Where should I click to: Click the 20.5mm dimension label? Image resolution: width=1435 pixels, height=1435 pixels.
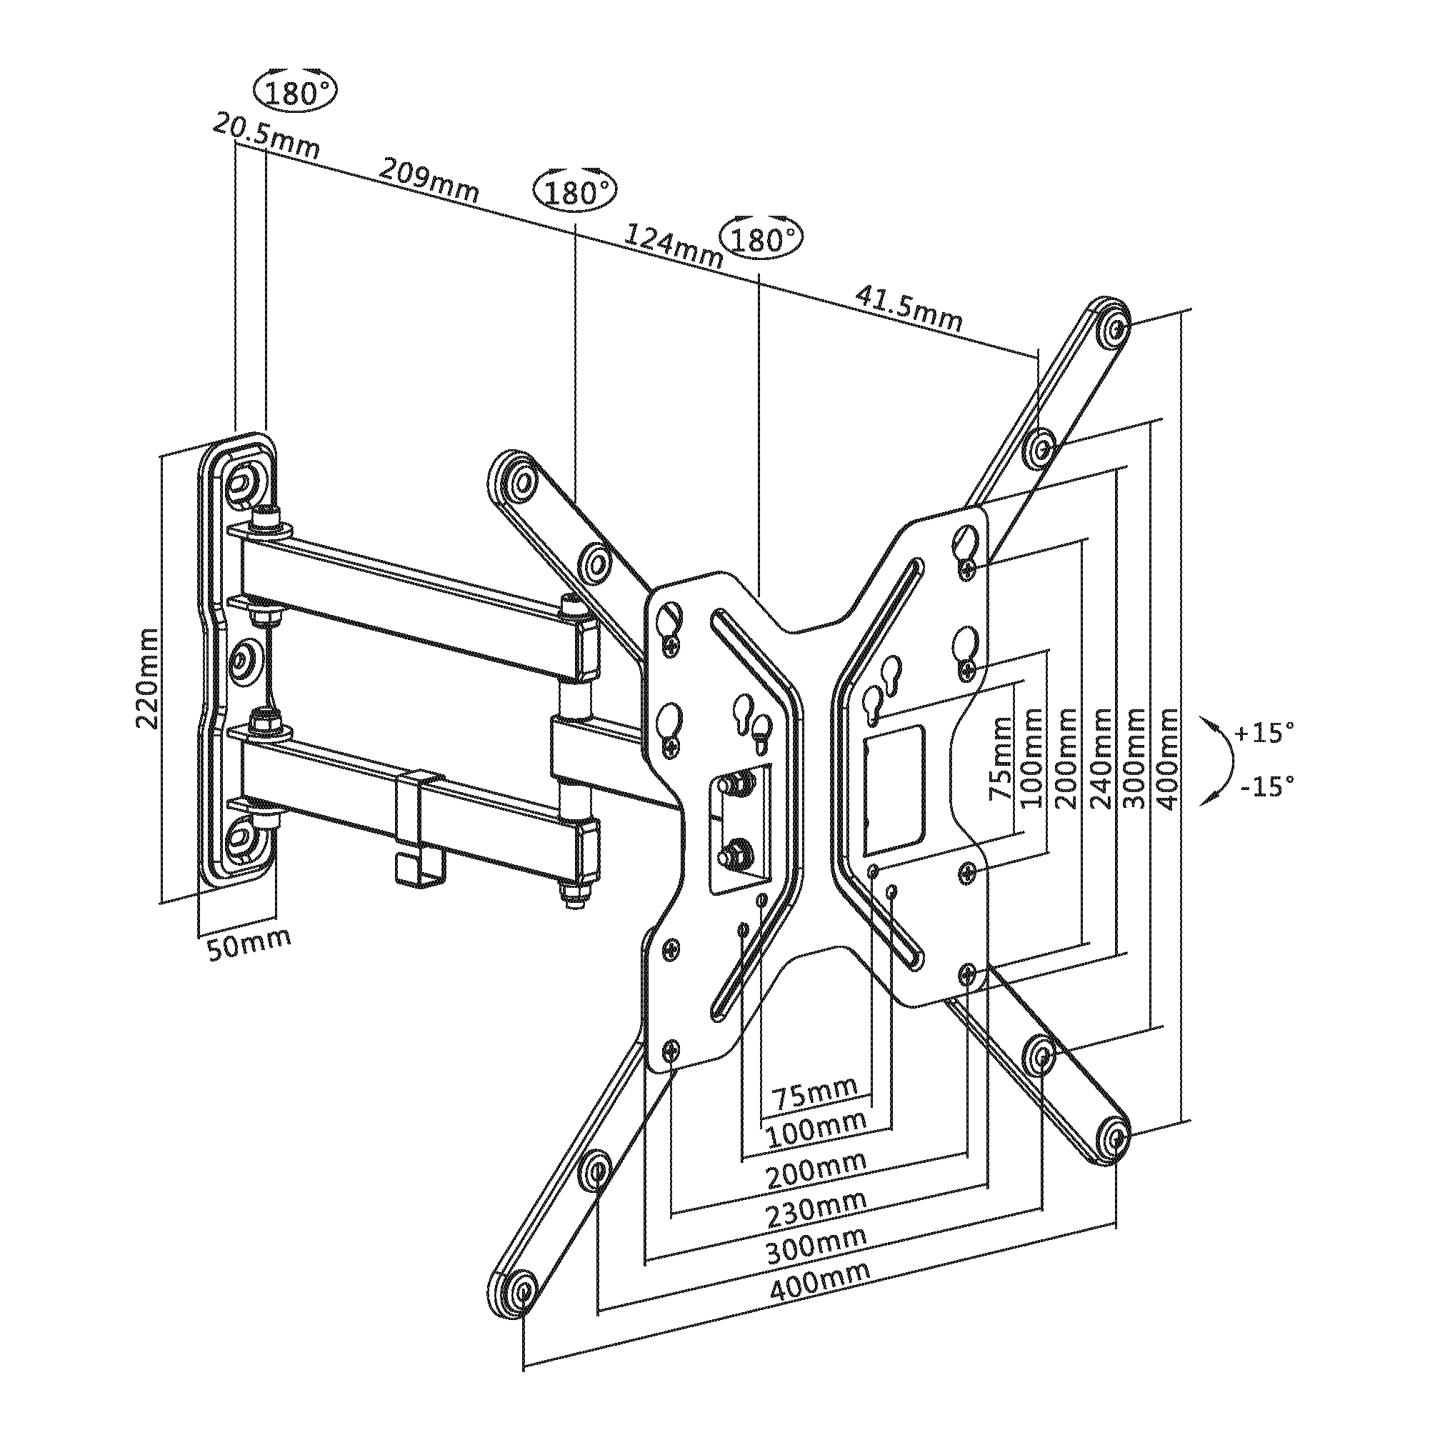pyautogui.click(x=266, y=136)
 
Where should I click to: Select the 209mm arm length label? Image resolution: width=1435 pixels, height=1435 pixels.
pyautogui.click(x=429, y=181)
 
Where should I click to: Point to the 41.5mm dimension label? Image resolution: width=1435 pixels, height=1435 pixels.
pyautogui.click(x=909, y=306)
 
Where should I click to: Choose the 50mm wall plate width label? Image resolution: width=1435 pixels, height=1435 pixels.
pyautogui.click(x=249, y=944)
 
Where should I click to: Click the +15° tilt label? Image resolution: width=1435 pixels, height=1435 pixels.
pyautogui.click(x=1264, y=732)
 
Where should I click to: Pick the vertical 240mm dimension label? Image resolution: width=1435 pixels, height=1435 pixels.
pyautogui.click(x=1100, y=759)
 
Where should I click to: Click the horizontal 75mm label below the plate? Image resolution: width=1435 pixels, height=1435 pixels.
pyautogui.click(x=815, y=1094)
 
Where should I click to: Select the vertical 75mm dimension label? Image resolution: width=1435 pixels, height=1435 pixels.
pyautogui.click(x=1000, y=757)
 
